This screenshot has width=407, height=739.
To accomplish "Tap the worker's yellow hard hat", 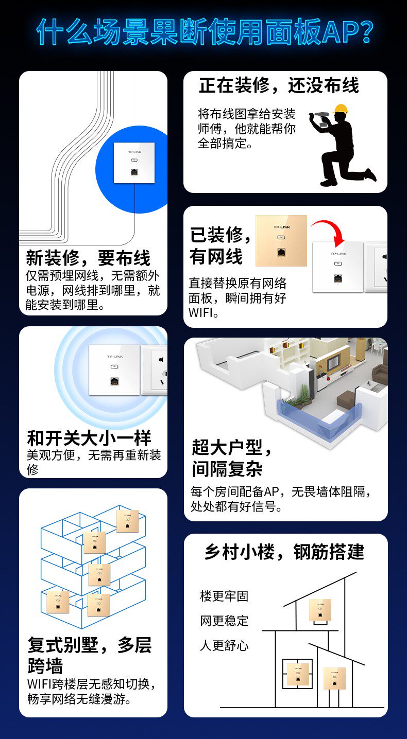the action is [x=341, y=109].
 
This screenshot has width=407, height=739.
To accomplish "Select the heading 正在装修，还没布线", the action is [x=279, y=85].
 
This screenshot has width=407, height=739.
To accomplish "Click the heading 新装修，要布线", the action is [x=88, y=258].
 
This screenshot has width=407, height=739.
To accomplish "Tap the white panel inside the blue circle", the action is [x=134, y=163].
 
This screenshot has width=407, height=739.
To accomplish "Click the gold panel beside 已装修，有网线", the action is [x=281, y=241].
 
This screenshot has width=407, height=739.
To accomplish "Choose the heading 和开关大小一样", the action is [x=89, y=438].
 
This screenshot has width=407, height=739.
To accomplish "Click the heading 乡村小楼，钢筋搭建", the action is [x=284, y=552].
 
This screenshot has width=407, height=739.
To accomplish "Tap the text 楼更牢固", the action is [x=224, y=596].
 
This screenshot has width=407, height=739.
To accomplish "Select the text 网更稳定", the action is [x=224, y=621].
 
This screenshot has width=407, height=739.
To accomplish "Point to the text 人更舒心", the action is [x=224, y=645].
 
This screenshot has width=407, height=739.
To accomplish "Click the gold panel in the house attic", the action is [x=320, y=610].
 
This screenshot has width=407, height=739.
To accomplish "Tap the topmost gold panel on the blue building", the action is [x=128, y=521].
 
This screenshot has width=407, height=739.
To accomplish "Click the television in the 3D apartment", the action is [x=333, y=363].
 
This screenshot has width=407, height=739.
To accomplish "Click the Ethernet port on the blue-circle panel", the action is [x=134, y=172].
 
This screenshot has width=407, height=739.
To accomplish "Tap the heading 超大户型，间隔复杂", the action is [x=231, y=458].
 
